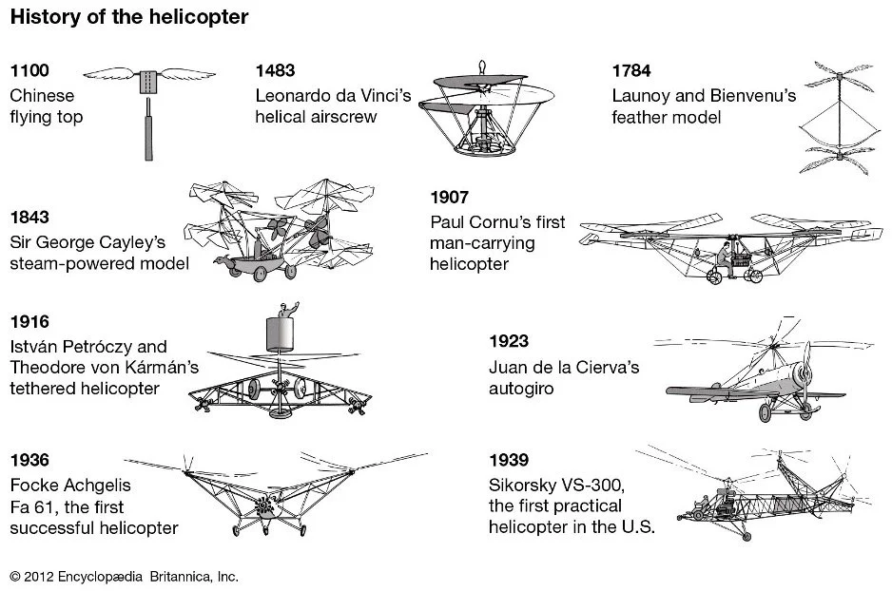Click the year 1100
29,72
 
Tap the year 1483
276,72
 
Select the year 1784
632,72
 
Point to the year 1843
29,218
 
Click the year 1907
449,199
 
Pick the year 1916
29,322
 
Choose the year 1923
509,341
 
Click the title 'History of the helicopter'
129,17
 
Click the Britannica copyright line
124,576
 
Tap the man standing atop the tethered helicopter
283,312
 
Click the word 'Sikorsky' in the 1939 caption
519,485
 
